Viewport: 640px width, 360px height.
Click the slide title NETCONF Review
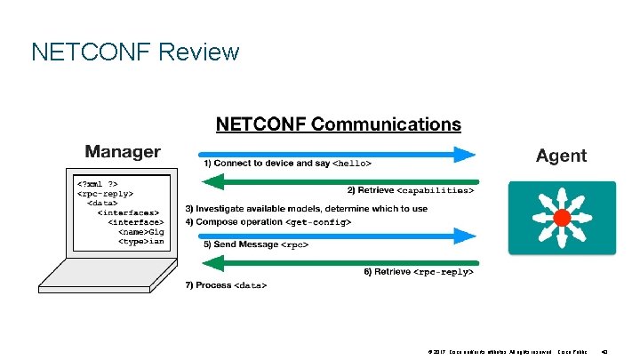coord(135,52)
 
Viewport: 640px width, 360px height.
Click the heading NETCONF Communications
coord(339,124)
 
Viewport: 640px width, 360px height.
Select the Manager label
coord(123,152)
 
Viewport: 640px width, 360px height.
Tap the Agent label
coord(561,156)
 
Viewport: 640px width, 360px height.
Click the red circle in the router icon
coord(561,218)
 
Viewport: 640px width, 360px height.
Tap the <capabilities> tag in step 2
coord(436,190)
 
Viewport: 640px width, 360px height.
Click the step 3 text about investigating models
coord(306,209)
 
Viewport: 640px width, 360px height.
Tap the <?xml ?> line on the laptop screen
coord(96,185)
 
